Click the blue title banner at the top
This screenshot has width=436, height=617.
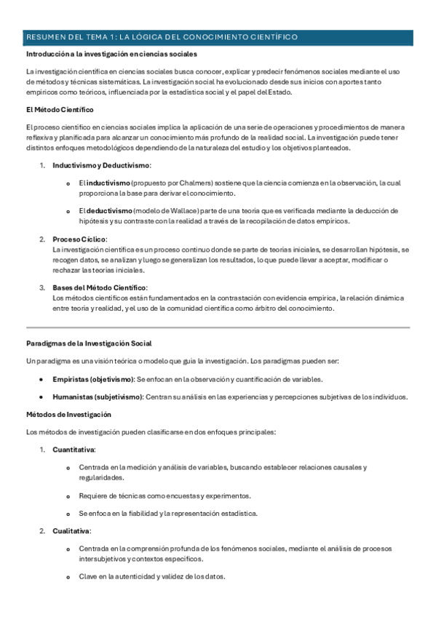pyautogui.click(x=218, y=37)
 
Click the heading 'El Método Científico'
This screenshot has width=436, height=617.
pyautogui.click(x=59, y=110)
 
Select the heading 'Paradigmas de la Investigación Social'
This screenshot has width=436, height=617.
pyautogui.click(x=88, y=343)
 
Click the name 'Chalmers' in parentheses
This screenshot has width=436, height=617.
pyautogui.click(x=186, y=184)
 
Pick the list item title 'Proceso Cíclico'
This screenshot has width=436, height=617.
pyautogui.click(x=79, y=239)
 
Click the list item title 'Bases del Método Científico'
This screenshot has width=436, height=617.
pyautogui.click(x=100, y=287)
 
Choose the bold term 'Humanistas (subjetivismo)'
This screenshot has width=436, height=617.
pyautogui.click(x=97, y=397)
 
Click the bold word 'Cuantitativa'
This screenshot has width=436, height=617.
pyautogui.click(x=74, y=450)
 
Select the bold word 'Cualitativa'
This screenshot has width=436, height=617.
pyautogui.click(x=71, y=530)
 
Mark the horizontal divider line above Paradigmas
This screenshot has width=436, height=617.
pyautogui.click(x=218, y=327)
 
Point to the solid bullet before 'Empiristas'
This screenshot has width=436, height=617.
pyautogui.click(x=41, y=380)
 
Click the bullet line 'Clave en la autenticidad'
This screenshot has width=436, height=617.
pyautogui.click(x=151, y=577)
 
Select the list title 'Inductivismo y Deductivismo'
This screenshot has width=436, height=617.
pyautogui.click(x=100, y=166)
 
